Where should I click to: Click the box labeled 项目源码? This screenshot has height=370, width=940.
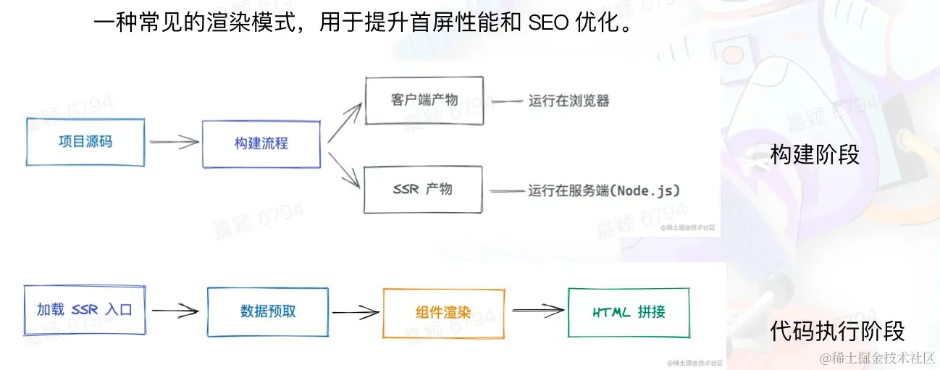coord(85,142)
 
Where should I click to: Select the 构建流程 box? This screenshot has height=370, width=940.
coord(261,143)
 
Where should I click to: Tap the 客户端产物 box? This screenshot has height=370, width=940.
coord(424,100)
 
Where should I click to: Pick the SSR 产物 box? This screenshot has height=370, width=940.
coord(423,189)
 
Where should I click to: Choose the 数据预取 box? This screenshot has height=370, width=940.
coord(267,312)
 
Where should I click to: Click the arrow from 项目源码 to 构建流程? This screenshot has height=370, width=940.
coord(174,143)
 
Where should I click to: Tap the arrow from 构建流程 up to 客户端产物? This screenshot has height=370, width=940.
coord(345,121)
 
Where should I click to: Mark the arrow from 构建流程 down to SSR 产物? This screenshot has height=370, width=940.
coord(345,169)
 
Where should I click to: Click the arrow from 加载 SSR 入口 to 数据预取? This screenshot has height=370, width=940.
coord(175,311)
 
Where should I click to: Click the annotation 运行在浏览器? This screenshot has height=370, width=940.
coord(568,101)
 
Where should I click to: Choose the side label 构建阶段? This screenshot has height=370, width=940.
coord(815,154)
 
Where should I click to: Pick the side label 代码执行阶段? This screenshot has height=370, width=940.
coord(837,331)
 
